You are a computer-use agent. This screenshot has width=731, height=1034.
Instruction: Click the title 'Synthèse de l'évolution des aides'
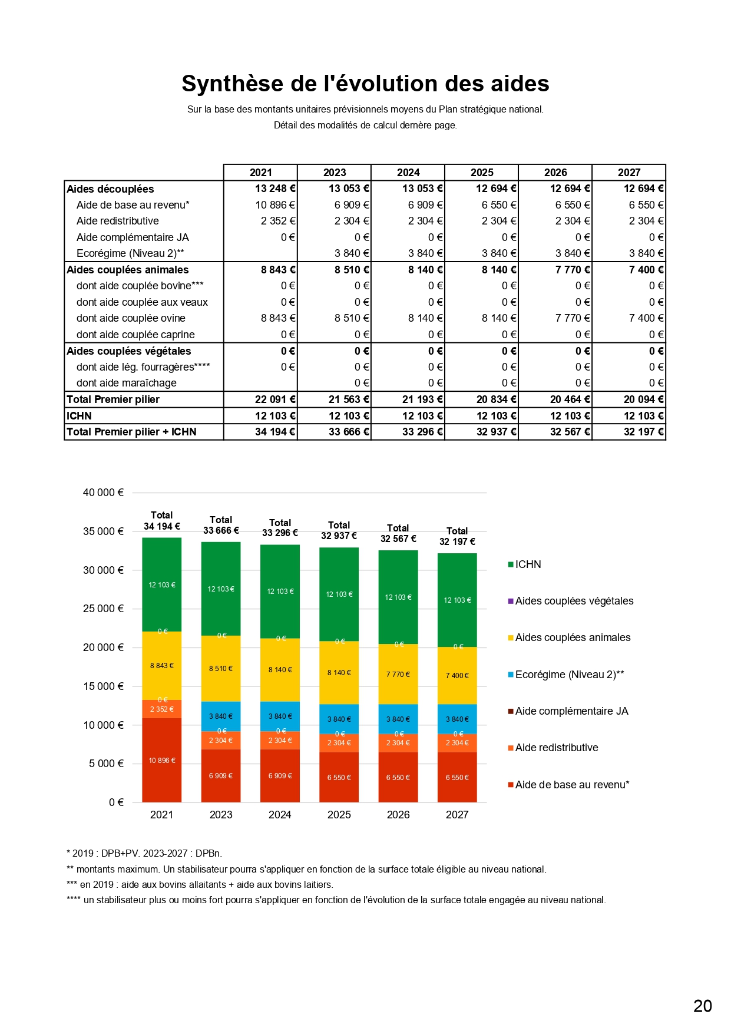click(365, 84)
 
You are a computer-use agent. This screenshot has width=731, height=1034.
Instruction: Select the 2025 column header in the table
click(482, 173)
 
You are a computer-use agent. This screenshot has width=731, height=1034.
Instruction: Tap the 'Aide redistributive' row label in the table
click(118, 221)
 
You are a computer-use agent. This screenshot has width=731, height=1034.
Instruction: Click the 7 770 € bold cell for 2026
click(570, 270)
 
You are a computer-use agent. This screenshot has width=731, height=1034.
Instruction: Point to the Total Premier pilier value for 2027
click(643, 399)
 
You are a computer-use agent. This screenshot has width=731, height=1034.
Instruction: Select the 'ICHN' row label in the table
click(79, 416)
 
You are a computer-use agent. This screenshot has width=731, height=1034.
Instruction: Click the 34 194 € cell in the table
click(275, 432)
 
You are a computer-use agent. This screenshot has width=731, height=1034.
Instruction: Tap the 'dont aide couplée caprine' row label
click(135, 335)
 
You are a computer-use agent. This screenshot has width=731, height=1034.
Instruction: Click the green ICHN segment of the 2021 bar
click(161, 584)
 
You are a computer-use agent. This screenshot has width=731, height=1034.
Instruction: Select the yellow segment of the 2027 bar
click(457, 675)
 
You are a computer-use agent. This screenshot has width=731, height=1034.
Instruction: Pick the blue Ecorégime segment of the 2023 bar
click(221, 716)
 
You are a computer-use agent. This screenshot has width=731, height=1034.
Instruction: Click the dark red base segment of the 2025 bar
click(339, 778)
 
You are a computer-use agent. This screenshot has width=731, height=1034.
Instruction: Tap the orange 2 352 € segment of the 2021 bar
click(161, 709)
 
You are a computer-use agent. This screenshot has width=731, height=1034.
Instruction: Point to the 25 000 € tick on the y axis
click(103, 609)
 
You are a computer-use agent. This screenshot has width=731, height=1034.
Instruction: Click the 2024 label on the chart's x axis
click(280, 815)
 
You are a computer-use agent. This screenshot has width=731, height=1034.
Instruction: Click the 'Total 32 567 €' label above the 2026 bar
click(398, 533)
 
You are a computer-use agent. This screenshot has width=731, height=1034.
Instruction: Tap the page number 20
click(703, 1006)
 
